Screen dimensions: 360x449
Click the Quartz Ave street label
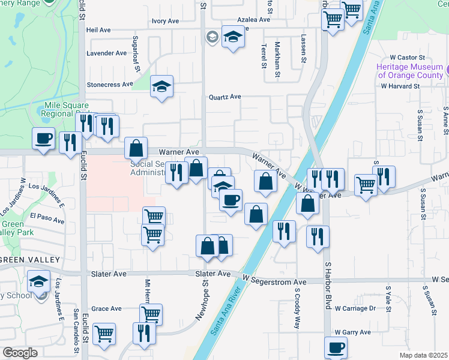point(224,97)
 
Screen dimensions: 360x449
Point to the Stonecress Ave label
point(110,85)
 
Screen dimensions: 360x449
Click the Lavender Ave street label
point(106,53)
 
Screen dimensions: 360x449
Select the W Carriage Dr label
point(355,308)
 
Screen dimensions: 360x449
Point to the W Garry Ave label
point(353,332)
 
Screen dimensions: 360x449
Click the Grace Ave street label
point(107,309)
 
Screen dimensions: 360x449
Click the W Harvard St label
point(400,86)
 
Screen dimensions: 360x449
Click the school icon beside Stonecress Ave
point(161,86)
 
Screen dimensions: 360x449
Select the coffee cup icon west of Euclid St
point(43,138)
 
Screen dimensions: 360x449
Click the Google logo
point(20,352)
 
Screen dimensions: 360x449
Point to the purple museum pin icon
point(447,72)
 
